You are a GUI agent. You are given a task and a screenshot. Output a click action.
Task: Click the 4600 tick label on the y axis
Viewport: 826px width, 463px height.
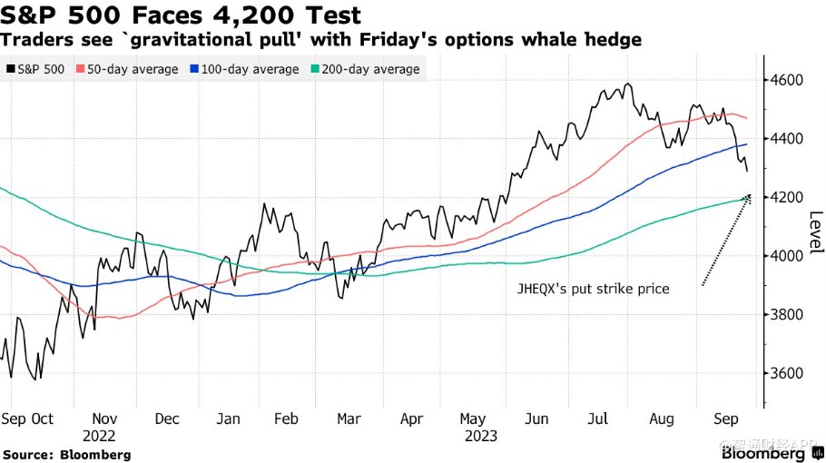(x=788, y=80)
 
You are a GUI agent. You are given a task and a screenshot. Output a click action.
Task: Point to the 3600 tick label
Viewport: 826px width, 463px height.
(x=788, y=373)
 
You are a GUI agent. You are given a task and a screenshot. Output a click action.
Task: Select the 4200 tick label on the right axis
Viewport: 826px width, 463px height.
(x=788, y=198)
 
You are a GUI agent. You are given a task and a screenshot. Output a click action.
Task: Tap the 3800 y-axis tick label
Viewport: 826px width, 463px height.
(x=788, y=315)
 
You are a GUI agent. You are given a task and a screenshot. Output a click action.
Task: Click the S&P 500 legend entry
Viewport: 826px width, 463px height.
(x=35, y=69)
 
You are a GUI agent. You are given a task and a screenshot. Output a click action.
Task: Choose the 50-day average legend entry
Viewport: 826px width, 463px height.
(x=127, y=69)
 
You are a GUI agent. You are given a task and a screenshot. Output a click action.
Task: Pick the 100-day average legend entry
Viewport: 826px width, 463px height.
(x=244, y=69)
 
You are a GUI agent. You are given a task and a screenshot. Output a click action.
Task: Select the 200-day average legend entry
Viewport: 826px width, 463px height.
(x=366, y=69)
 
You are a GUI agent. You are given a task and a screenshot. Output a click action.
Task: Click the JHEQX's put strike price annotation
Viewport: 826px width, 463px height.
(x=593, y=289)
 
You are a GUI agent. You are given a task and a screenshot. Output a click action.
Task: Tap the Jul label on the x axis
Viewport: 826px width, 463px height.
(x=598, y=419)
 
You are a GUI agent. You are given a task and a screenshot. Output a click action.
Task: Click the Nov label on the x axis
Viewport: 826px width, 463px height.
(x=104, y=419)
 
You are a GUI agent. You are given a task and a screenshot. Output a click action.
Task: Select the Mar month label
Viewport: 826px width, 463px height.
(x=349, y=419)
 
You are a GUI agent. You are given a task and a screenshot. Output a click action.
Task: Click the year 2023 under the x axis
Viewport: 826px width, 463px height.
(x=481, y=436)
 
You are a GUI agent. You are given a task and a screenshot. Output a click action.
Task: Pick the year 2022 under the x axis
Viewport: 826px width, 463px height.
(x=99, y=436)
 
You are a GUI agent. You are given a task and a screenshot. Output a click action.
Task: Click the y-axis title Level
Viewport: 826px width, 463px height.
(x=816, y=231)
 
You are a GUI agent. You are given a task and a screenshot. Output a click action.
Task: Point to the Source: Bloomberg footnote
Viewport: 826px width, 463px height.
(x=67, y=455)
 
